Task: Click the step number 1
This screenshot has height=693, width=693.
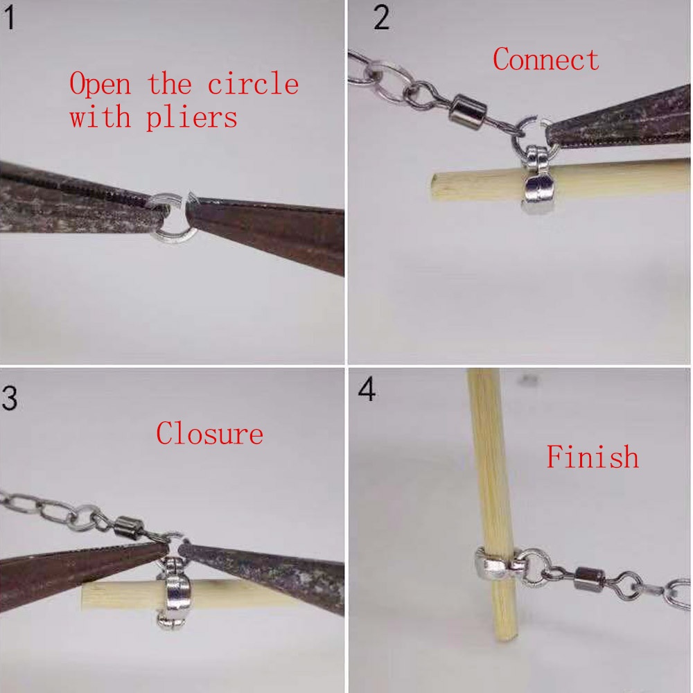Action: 10,19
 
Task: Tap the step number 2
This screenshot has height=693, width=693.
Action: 381,19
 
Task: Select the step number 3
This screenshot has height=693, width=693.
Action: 9,398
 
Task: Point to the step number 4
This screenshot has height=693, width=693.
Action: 367,389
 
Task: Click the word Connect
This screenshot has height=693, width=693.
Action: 546,60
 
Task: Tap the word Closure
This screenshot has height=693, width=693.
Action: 209,433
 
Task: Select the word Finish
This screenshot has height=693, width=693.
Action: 593,456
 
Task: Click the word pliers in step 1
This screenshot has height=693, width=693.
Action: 191,118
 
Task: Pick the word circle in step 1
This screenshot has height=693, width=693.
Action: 253,84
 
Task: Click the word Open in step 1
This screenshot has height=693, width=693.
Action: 100,84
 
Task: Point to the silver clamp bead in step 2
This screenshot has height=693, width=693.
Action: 536,180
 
